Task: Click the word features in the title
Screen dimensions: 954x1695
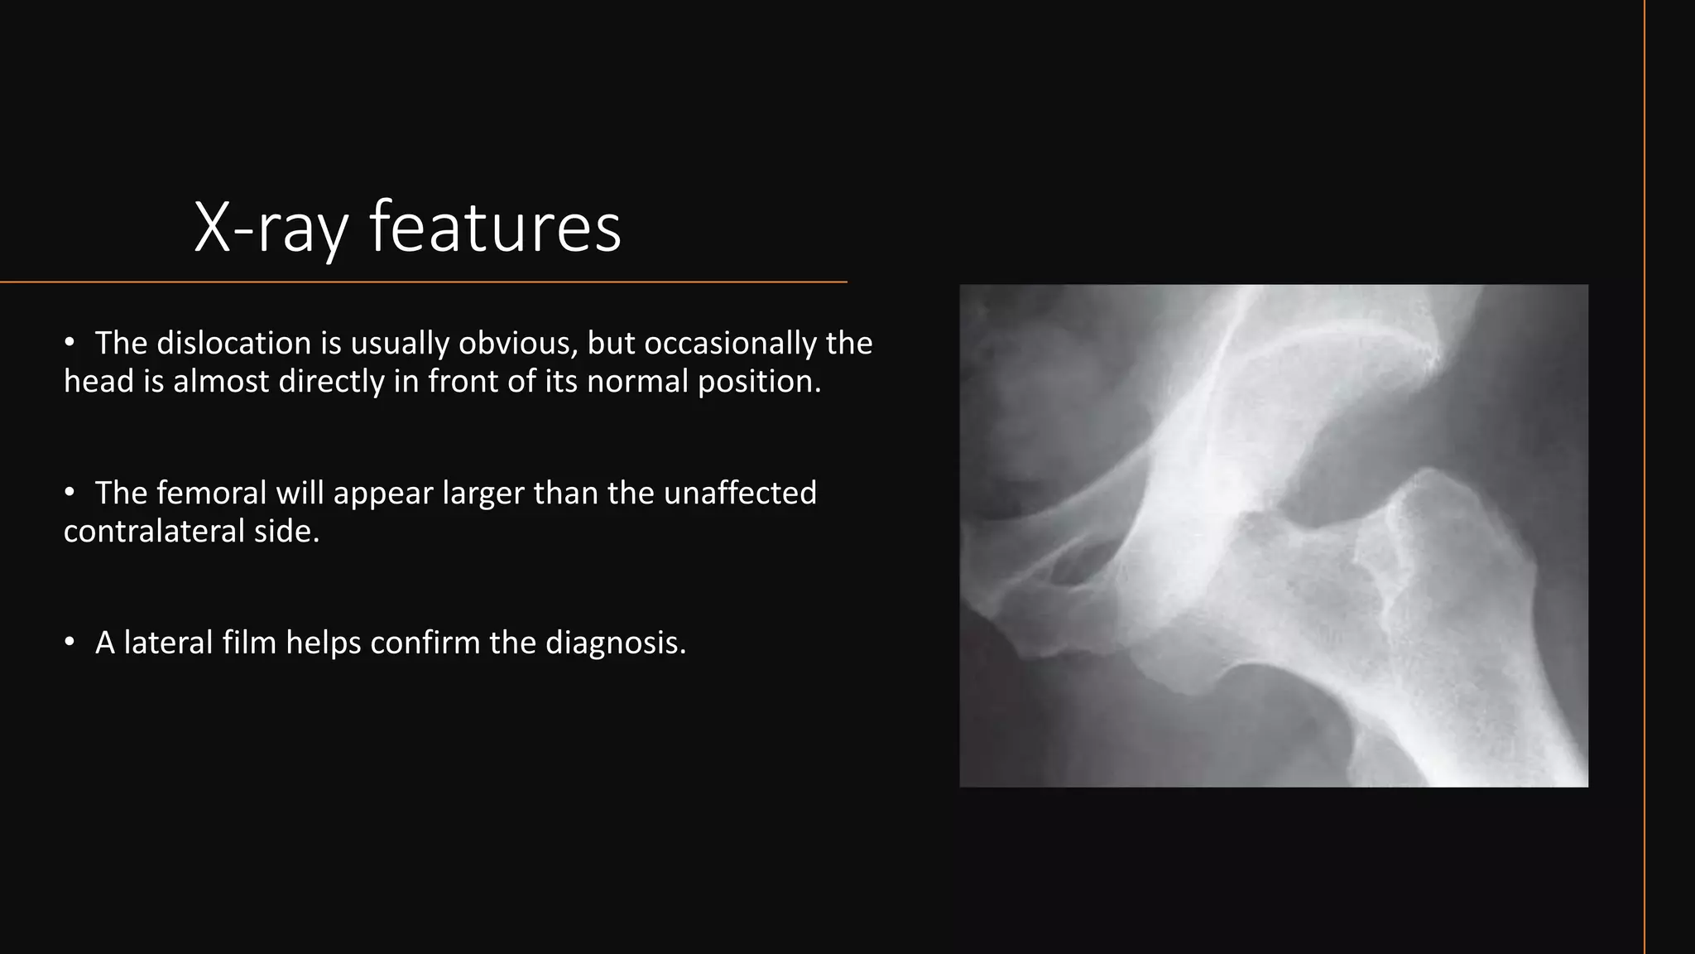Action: click(x=495, y=228)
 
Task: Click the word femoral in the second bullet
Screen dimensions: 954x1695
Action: click(x=211, y=493)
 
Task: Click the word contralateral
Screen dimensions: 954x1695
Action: click(x=153, y=531)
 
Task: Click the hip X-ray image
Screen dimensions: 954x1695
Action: click(x=1273, y=536)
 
